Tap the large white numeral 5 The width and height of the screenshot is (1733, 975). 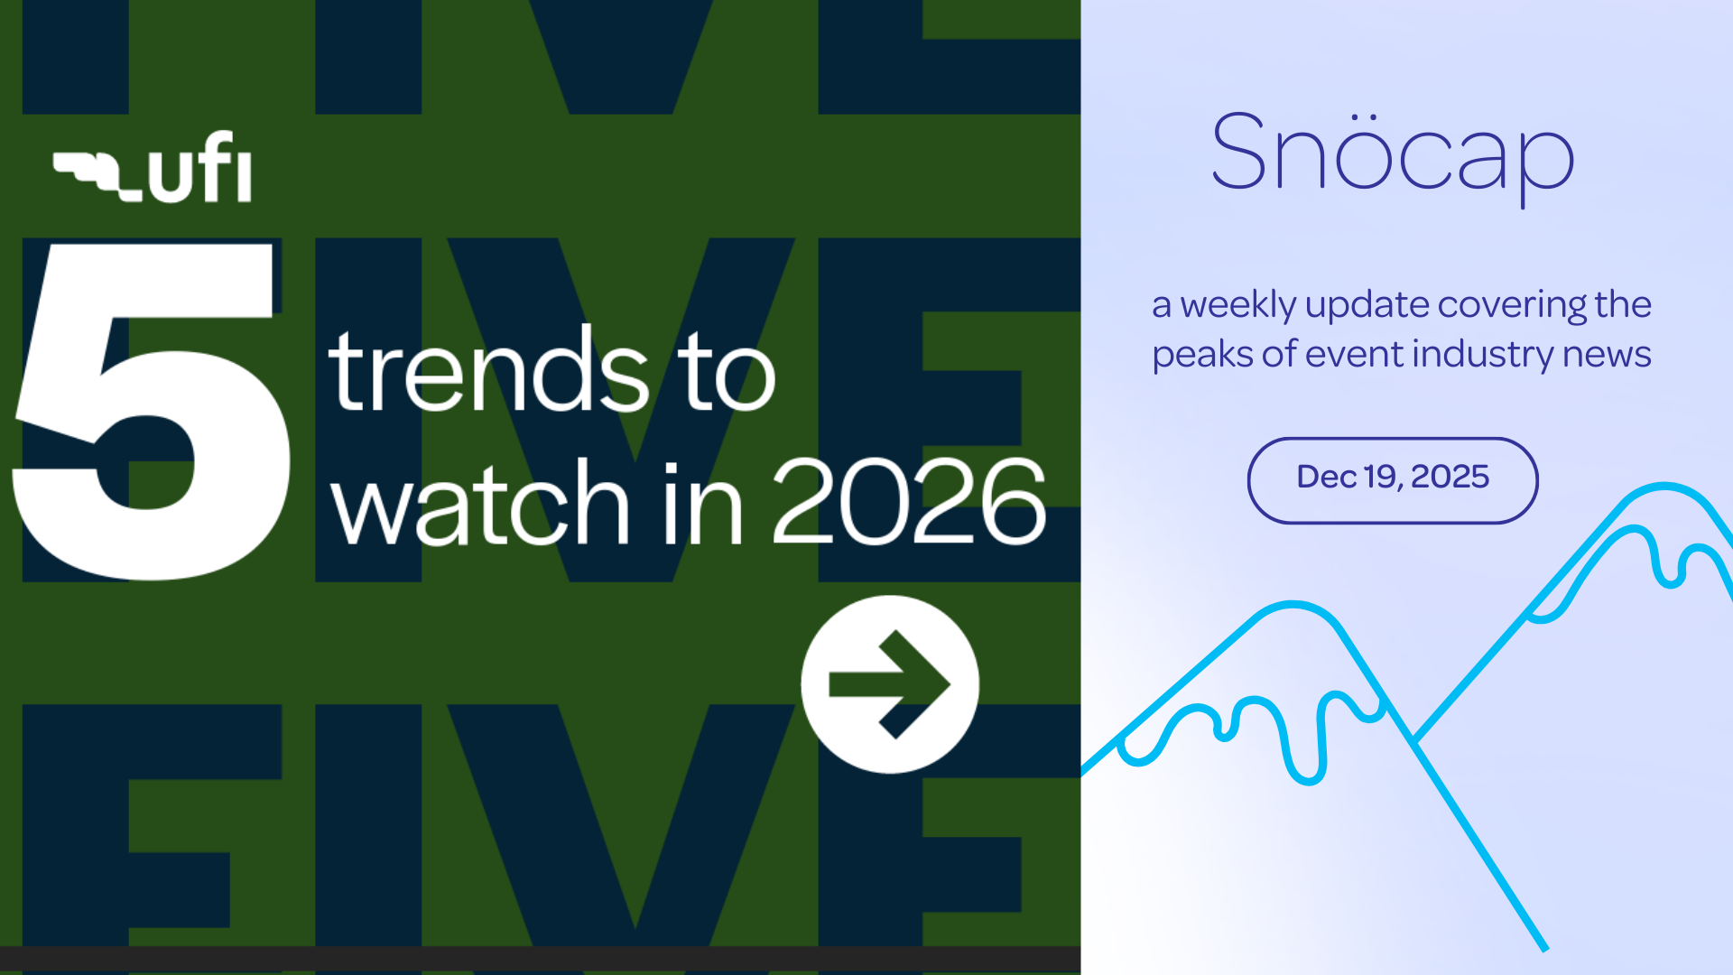[151, 411]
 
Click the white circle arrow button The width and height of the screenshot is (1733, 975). [890, 684]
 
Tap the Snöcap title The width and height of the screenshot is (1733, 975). [1393, 155]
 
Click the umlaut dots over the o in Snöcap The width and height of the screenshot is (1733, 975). [1367, 117]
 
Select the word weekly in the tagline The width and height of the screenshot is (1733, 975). [1238, 306]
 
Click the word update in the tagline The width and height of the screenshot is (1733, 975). [1367, 306]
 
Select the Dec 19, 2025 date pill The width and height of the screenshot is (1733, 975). [1393, 480]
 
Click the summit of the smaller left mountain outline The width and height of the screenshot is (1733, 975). [1293, 604]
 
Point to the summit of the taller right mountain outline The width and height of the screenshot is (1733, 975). [1664, 487]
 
